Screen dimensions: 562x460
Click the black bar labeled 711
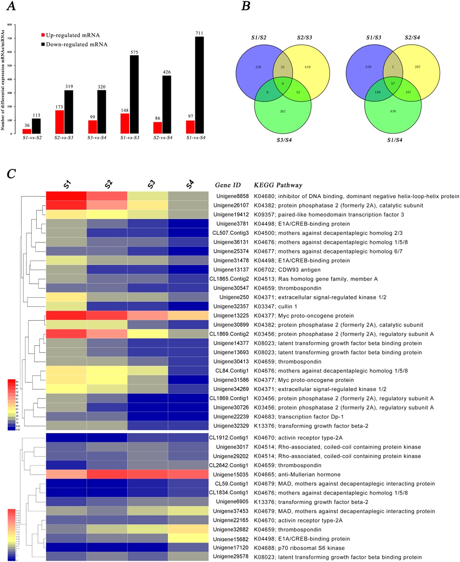click(x=199, y=85)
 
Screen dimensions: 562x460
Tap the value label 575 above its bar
click(x=134, y=53)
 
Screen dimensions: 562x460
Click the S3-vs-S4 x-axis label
click(x=97, y=137)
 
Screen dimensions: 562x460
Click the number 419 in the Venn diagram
click(x=307, y=67)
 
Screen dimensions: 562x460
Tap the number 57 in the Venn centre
click(x=393, y=83)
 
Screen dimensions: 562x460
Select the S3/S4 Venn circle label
click(x=284, y=140)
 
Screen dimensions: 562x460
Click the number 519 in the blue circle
click(x=368, y=67)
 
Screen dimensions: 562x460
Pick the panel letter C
click(x=11, y=174)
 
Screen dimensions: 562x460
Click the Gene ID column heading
click(x=228, y=185)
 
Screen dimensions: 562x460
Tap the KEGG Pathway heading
click(x=278, y=185)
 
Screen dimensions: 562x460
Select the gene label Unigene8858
click(x=232, y=196)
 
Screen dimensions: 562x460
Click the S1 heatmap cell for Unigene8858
click(x=66, y=196)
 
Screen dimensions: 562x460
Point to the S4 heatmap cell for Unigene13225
click(x=188, y=315)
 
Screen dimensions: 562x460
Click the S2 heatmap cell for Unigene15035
click(x=107, y=474)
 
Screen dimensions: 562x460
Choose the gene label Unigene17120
click(x=231, y=548)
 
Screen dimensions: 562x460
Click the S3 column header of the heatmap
click(x=151, y=184)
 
